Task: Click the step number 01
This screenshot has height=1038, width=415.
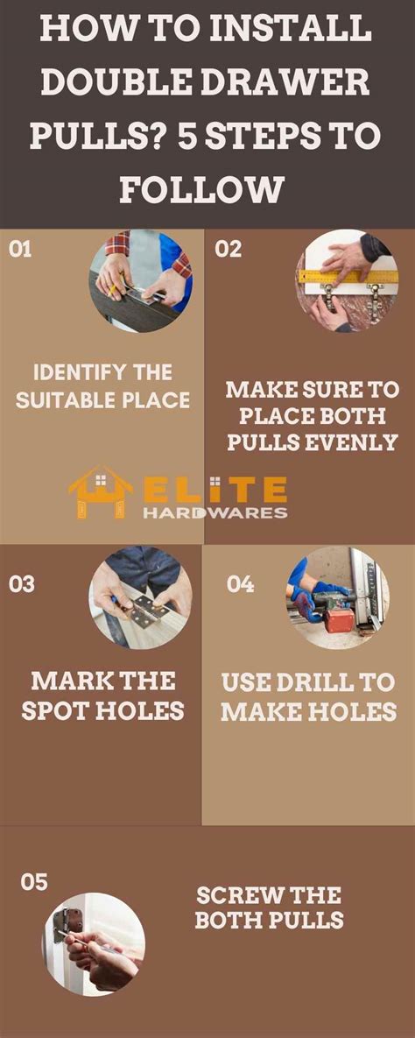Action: pos(20,249)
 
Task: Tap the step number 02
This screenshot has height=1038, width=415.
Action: pos(228,249)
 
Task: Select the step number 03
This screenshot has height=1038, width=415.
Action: pos(22,583)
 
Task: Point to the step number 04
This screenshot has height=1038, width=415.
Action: pos(240,583)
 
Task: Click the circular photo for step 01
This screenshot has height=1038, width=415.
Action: pos(141,281)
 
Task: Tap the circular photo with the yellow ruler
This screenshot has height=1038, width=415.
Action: pos(347,281)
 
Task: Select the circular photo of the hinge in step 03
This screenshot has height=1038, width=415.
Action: pos(141,597)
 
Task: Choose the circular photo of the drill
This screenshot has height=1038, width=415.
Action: pos(337,597)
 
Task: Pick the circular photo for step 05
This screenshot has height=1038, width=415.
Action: pos(94,944)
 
